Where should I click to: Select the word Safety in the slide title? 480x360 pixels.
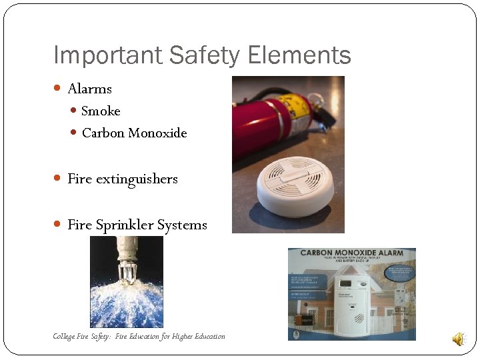(197, 55)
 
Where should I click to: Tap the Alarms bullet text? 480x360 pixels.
(89, 89)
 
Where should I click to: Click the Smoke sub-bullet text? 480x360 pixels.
(101, 111)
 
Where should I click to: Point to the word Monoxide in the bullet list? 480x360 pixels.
(157, 133)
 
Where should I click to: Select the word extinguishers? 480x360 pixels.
(137, 179)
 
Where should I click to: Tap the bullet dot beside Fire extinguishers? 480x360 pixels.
(58, 179)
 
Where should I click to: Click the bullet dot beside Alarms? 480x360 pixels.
(58, 89)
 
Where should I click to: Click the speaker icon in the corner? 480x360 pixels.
(459, 339)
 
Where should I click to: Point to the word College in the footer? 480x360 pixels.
(65, 336)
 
